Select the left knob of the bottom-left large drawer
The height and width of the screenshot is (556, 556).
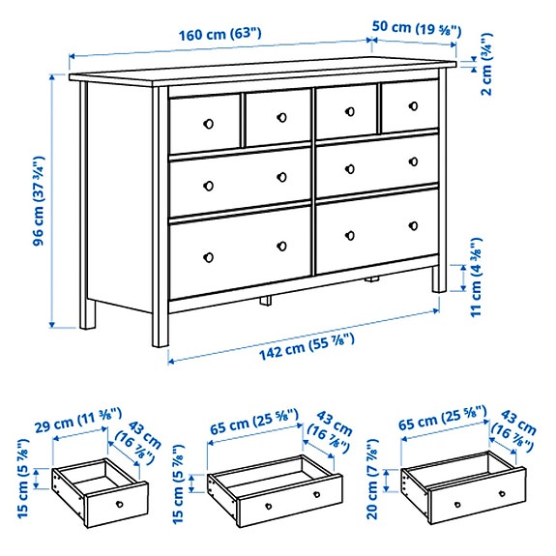tap(206, 256)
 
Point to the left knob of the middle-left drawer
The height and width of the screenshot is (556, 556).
tap(206, 184)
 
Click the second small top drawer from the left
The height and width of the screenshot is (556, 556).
tap(277, 118)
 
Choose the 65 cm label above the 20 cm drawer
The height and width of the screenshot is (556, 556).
tap(445, 422)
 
